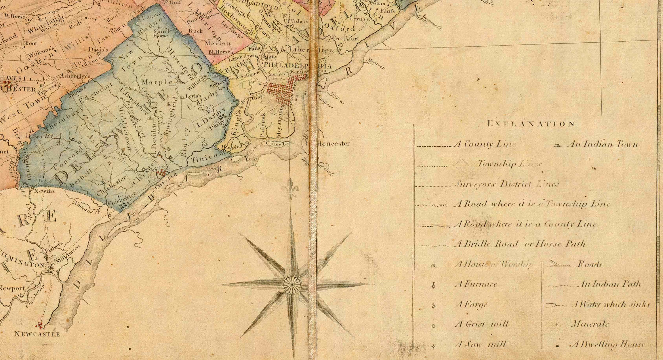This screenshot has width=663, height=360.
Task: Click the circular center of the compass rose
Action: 292,284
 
